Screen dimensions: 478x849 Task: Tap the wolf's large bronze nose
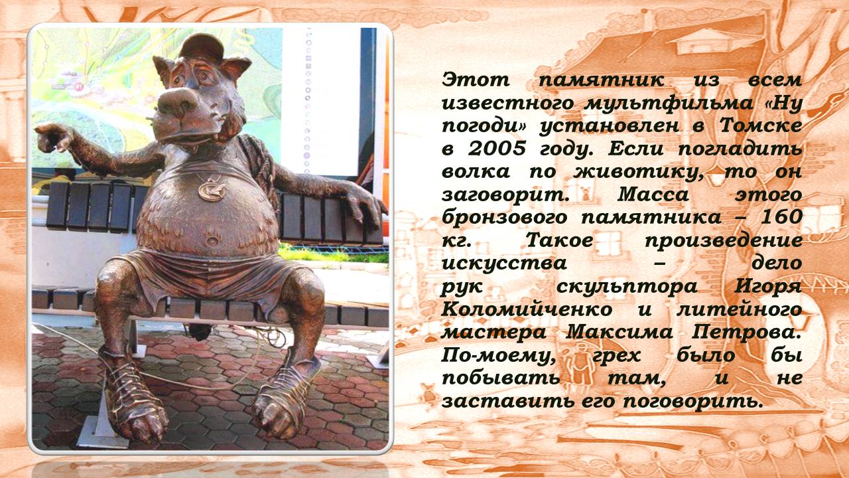coord(180,102)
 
